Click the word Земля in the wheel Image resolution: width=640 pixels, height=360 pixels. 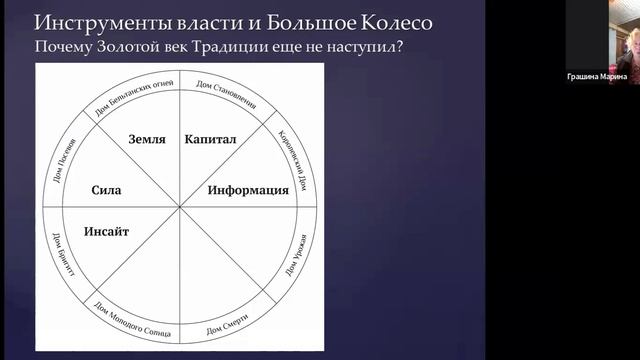147,140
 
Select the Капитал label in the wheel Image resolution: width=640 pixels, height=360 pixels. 210,140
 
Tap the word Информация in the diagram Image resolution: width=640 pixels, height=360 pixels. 248,189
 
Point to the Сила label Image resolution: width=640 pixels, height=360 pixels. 105,189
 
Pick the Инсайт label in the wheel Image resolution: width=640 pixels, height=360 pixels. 106,231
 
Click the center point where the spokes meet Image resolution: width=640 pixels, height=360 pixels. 180,207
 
